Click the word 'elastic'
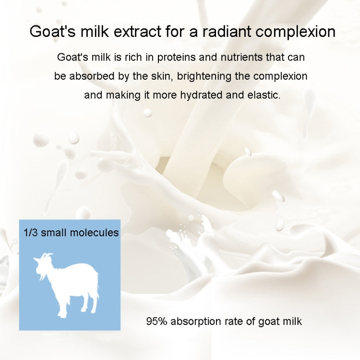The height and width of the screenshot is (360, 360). pos(263,95)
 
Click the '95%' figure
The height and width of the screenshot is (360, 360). pos(156,321)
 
